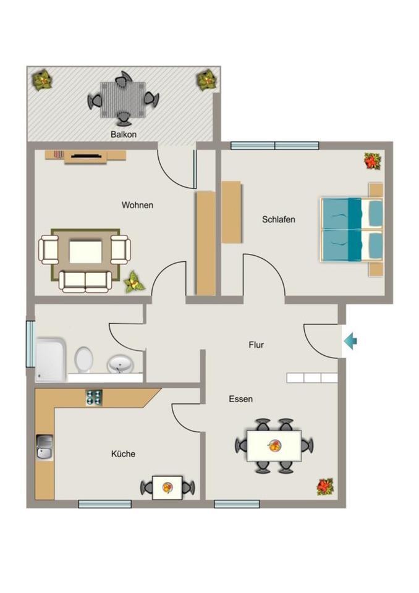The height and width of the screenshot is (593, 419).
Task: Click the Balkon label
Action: pos(123,134)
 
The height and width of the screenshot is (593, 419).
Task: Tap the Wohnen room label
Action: pos(137,205)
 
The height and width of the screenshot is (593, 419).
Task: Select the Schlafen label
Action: pos(278,219)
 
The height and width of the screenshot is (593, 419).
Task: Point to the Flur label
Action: pos(256,345)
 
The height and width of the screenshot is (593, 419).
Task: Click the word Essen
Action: pos(240,399)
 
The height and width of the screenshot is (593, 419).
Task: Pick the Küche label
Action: pos(123,453)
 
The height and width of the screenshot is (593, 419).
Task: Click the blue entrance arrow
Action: pos(350,340)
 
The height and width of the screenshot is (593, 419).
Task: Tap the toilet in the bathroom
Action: pos(84,359)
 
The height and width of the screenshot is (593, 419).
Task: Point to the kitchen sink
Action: pos(44,447)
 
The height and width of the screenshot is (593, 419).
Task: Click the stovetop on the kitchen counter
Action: pos(93,397)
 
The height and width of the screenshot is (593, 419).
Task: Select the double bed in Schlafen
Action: pos(351,229)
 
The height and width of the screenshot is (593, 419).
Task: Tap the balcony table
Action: pos(124,99)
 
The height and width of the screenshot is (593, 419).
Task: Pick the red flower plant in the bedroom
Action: pos(372,161)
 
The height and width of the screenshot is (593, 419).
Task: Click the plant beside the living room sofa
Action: pos(133,282)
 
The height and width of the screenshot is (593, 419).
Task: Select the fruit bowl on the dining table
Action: pos(274,445)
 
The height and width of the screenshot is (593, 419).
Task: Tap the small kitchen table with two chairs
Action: pos(167,487)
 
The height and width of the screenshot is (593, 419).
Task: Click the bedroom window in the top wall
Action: pos(274,146)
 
